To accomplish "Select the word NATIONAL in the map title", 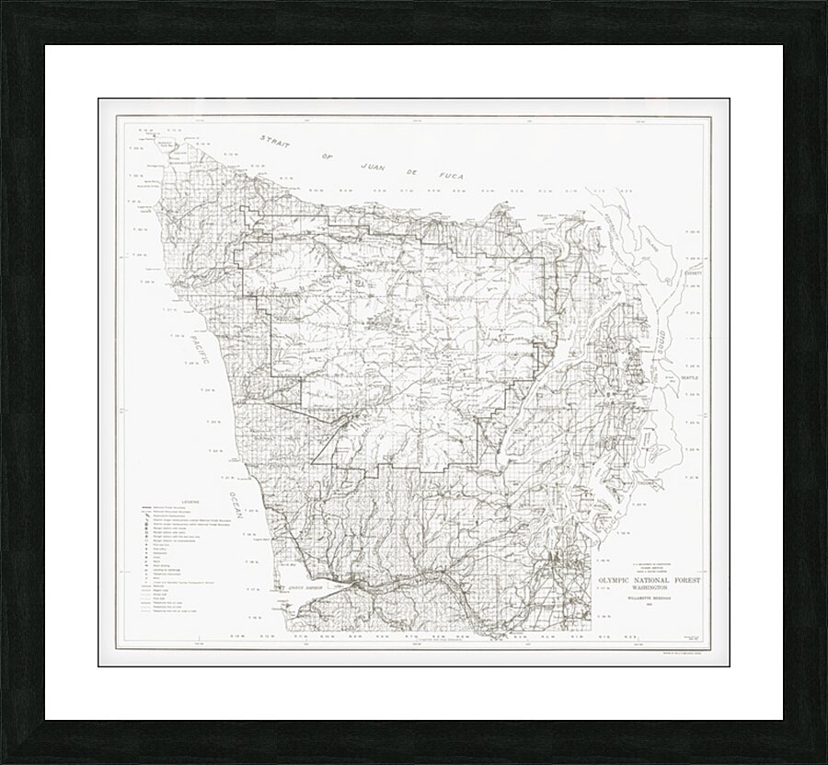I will pos(664,580).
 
